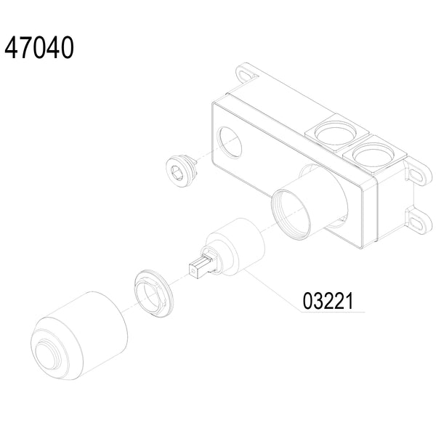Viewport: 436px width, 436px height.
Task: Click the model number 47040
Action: pos(39,47)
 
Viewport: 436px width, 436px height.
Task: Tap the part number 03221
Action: pos(328,301)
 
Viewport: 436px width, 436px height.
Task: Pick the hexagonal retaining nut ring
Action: pos(153,293)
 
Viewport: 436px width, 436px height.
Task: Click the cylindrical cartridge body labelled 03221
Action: pos(235,246)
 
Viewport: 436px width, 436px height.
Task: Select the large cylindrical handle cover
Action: pos(78,335)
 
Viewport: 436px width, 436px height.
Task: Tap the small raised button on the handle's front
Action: pos(47,354)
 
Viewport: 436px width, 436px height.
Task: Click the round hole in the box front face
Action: pos(230,142)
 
